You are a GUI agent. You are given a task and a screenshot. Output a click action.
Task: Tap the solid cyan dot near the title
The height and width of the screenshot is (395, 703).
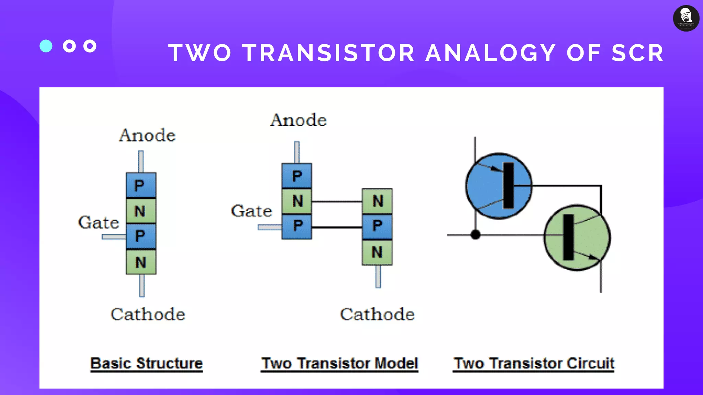(x=46, y=46)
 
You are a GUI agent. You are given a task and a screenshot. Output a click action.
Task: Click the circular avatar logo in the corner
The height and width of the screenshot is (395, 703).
(x=686, y=18)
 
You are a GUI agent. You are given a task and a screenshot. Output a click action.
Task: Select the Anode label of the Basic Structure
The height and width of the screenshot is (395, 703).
(x=147, y=135)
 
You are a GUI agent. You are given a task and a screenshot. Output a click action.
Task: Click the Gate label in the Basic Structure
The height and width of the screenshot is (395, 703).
(x=99, y=223)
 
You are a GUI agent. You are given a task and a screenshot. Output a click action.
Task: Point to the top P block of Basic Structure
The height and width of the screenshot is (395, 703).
(x=141, y=185)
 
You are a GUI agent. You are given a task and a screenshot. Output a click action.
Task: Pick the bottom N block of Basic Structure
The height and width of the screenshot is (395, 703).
(x=141, y=262)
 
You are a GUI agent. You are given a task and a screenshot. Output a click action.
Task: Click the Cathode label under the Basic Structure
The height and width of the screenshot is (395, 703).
(x=148, y=314)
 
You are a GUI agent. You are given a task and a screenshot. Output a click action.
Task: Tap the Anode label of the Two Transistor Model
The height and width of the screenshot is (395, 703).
(x=298, y=120)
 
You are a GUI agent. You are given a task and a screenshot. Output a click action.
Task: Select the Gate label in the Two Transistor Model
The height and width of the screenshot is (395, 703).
(x=251, y=211)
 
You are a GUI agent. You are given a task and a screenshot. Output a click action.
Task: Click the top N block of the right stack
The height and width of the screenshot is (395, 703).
(x=377, y=201)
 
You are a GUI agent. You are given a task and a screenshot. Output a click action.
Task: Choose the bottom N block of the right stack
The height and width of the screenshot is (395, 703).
(x=377, y=252)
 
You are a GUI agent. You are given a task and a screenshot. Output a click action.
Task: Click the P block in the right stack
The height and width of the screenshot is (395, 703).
(x=377, y=226)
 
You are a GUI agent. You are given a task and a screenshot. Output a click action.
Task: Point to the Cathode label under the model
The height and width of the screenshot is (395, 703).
(x=377, y=314)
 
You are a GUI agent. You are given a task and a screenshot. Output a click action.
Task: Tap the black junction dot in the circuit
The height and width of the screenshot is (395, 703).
(x=475, y=235)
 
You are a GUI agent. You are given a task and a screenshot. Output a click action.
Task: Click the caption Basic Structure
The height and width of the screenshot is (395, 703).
(x=147, y=363)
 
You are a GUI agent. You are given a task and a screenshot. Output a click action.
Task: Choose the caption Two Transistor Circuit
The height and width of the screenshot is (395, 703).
(x=534, y=363)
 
